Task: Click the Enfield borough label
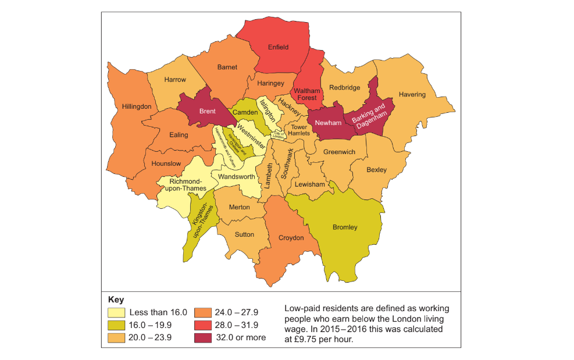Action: pos(278,47)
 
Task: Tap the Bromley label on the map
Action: pos(345,227)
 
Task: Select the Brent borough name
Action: pos(207,111)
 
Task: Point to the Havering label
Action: pos(412,94)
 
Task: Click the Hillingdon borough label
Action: pos(137,107)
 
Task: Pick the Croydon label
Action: pos(291,238)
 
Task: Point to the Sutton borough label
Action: pos(244,235)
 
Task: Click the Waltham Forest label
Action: pos(306,94)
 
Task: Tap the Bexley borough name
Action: pos(376,170)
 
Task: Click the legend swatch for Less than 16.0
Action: pos(116,313)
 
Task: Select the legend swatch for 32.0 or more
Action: pos(204,337)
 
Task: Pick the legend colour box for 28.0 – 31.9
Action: pos(204,325)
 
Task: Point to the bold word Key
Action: pos(116,300)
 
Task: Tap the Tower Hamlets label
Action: pos(299,130)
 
